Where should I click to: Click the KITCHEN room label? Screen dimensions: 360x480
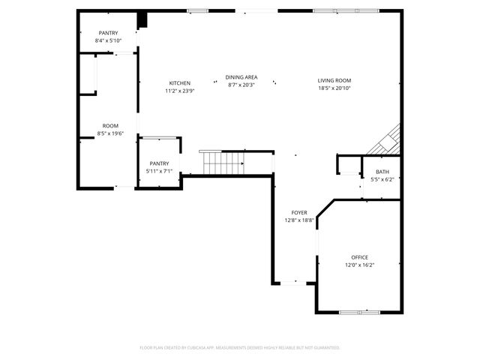click(x=180, y=83)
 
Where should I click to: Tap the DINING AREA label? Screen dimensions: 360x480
click(x=242, y=77)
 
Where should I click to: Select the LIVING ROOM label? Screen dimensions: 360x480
click(x=334, y=80)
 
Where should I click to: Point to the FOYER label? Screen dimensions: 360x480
click(x=299, y=213)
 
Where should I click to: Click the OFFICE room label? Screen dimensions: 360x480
click(x=359, y=257)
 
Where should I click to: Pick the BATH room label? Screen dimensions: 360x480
click(x=382, y=172)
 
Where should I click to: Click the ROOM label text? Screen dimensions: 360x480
click(x=110, y=125)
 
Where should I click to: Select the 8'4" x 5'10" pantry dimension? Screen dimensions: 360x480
click(x=109, y=40)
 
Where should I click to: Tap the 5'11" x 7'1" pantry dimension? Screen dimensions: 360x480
click(x=159, y=171)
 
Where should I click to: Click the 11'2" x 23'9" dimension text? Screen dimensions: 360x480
click(x=180, y=91)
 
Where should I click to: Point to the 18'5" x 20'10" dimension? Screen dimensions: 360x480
click(x=334, y=88)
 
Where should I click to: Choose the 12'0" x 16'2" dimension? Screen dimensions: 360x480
click(x=359, y=265)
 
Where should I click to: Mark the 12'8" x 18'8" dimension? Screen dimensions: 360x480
click(x=299, y=221)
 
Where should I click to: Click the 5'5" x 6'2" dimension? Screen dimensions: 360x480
click(x=382, y=180)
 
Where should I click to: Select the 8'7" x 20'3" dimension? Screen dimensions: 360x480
click(x=242, y=85)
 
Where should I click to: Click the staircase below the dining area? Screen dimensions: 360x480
click(x=222, y=161)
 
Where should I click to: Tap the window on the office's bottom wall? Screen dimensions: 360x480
click(x=360, y=311)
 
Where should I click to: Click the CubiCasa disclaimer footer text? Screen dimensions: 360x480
click(x=240, y=348)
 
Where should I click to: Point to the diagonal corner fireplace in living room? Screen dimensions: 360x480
click(x=389, y=141)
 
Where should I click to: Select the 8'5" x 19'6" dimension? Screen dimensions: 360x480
click(x=110, y=133)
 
